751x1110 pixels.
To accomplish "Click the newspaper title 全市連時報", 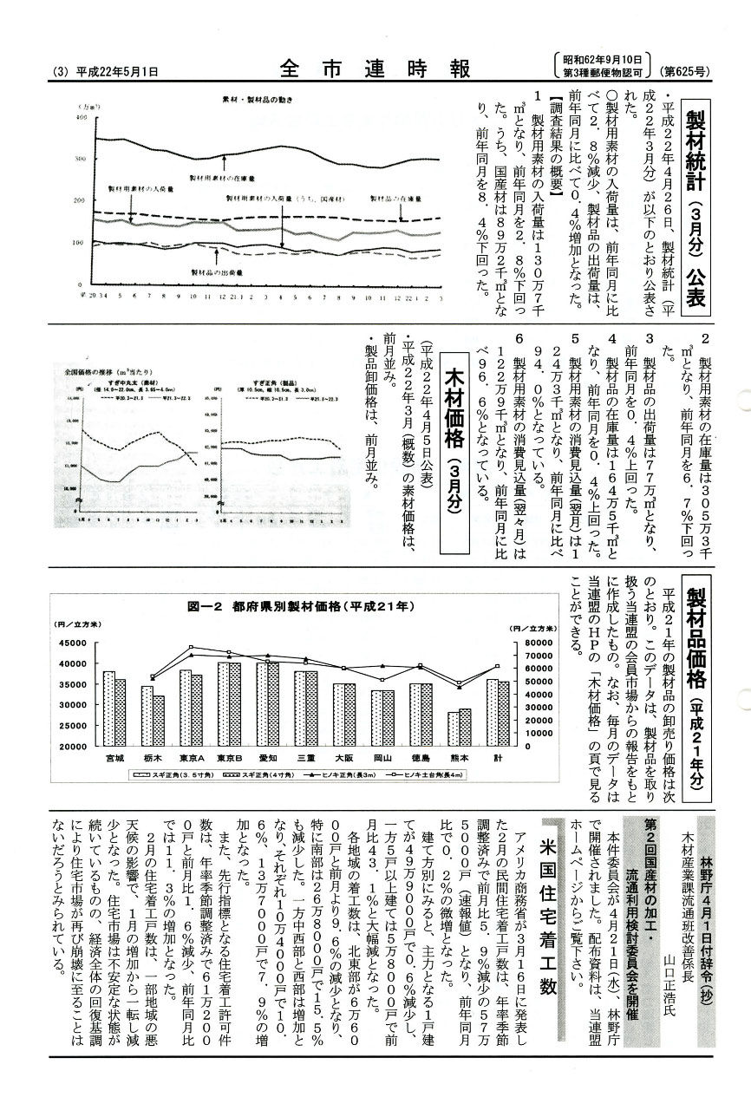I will (375, 69).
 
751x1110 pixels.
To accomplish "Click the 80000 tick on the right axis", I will (519, 643).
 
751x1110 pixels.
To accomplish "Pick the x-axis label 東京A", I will (191, 757).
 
